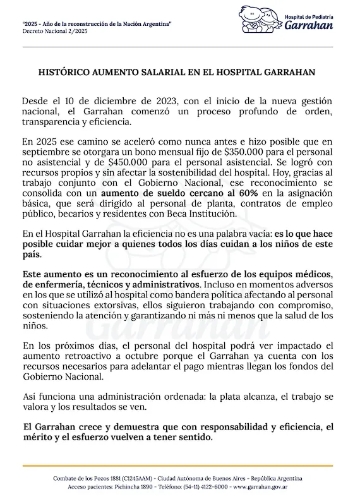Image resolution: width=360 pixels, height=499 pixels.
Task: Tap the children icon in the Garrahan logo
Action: [258, 21]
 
